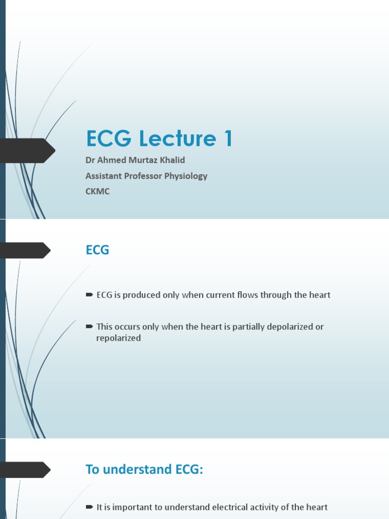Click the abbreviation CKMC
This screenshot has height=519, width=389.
[x=98, y=192]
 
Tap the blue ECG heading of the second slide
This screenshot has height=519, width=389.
[x=97, y=250]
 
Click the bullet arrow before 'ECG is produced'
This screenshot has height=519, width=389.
[x=89, y=294]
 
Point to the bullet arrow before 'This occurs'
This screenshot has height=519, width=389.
[x=89, y=326]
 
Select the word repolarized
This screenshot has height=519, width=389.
[x=118, y=338]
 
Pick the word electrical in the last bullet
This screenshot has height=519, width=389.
[x=228, y=507]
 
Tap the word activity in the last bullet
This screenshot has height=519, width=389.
[x=264, y=507]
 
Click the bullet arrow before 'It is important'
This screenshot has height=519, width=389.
[x=89, y=506]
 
